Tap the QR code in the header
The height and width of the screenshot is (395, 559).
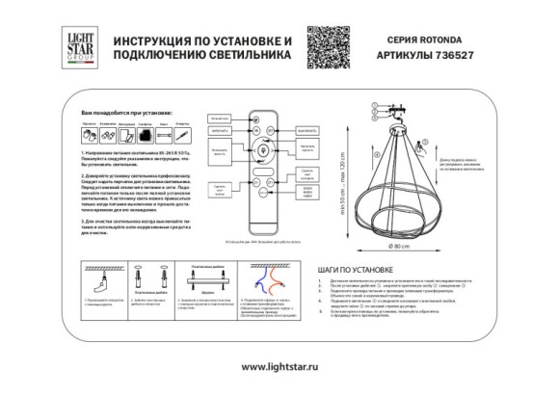pos(324,46)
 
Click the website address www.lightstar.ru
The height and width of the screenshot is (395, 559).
pos(279,367)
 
